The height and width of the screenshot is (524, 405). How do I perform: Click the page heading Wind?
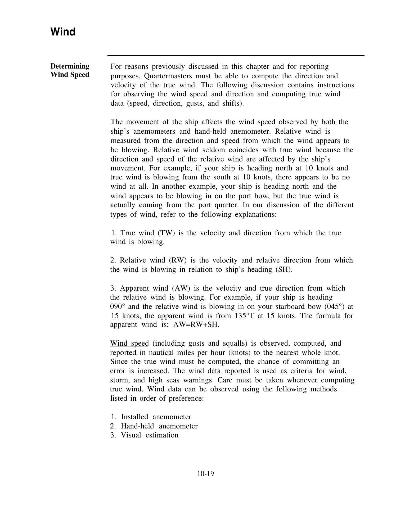(x=63, y=32)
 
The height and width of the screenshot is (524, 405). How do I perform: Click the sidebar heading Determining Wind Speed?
(x=70, y=70)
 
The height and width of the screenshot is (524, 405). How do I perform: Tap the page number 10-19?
(x=205, y=473)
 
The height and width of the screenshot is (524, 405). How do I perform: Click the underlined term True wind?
(x=137, y=233)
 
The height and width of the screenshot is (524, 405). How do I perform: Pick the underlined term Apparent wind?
(x=144, y=288)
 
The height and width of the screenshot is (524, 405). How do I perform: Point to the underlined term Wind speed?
(x=129, y=344)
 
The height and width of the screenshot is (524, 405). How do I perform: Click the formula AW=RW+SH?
(x=196, y=325)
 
